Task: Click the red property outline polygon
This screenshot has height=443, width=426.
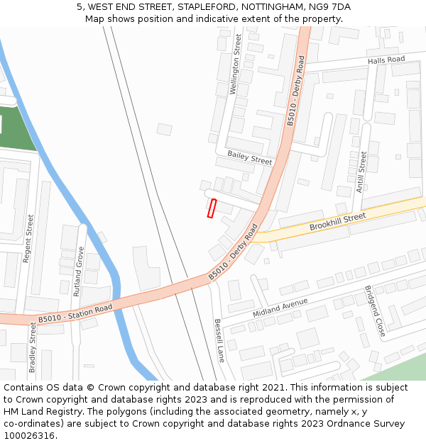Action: click(212, 208)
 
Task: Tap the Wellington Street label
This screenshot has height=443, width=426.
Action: click(236, 64)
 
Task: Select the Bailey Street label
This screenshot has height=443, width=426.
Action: click(249, 157)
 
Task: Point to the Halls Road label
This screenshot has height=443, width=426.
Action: click(386, 60)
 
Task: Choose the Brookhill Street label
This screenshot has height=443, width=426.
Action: click(337, 222)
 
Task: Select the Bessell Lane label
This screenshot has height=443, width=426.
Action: click(219, 340)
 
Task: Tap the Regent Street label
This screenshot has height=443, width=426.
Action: click(28, 238)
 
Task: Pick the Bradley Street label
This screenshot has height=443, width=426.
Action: click(32, 347)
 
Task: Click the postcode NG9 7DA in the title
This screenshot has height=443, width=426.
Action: click(332, 7)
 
